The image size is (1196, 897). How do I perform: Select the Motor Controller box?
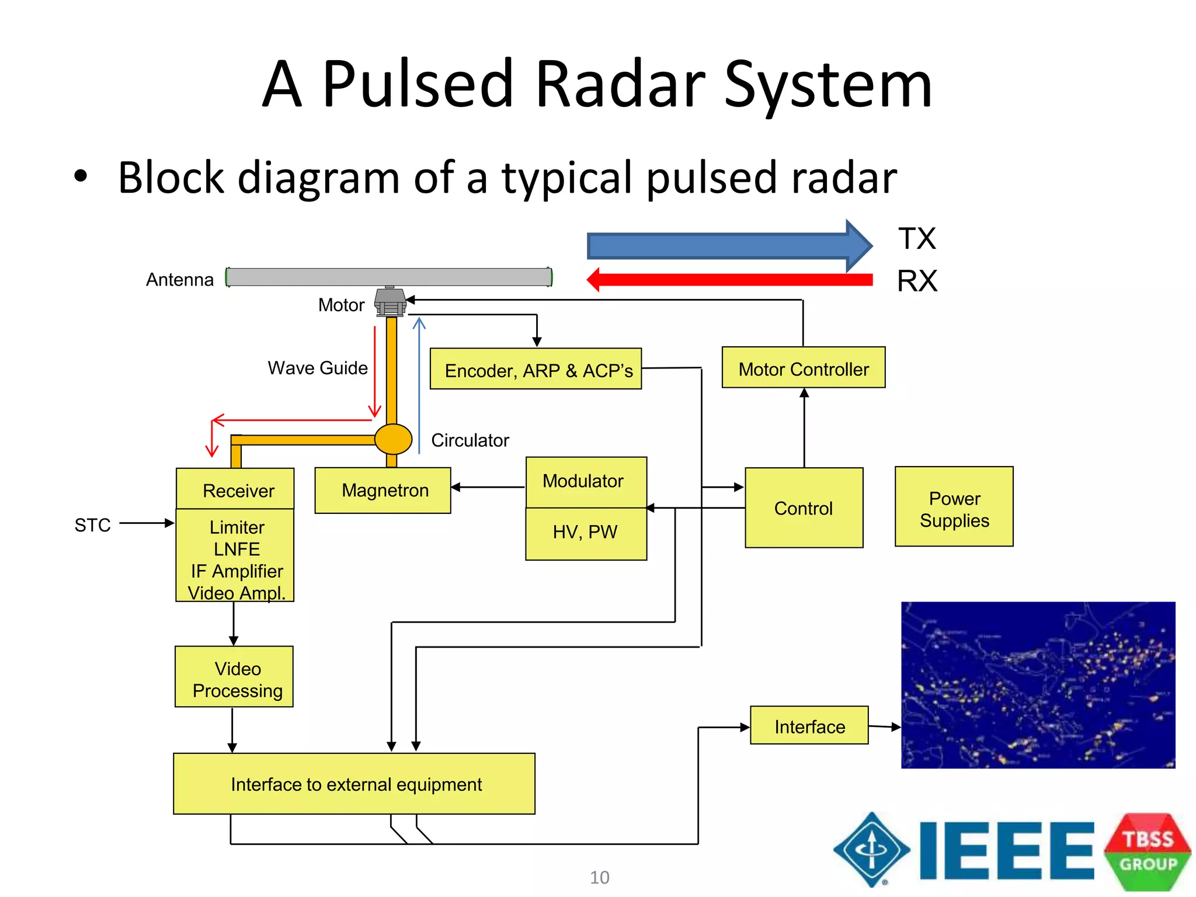pyautogui.click(x=803, y=368)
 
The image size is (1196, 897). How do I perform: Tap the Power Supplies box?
pyautogui.click(x=954, y=507)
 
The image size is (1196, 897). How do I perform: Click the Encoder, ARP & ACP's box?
pyautogui.click(x=536, y=369)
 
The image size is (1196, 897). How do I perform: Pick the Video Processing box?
pyautogui.click(x=234, y=677)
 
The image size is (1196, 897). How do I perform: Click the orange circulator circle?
pyautogui.click(x=393, y=439)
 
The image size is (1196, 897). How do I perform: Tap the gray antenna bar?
pyautogui.click(x=389, y=277)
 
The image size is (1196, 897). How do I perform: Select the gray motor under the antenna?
pyautogui.click(x=390, y=302)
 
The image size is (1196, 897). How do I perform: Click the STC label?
pyautogui.click(x=92, y=525)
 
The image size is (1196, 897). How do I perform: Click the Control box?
pyautogui.click(x=804, y=507)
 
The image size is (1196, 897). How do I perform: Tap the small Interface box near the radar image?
pyautogui.click(x=809, y=725)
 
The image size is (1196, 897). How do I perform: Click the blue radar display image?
pyautogui.click(x=1038, y=685)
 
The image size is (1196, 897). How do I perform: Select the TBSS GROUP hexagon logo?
pyautogui.click(x=1147, y=851)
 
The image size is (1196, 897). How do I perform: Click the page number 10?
pyautogui.click(x=599, y=877)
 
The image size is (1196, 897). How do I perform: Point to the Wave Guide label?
pyautogui.click(x=318, y=368)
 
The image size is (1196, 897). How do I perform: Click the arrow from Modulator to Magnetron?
pyautogui.click(x=488, y=487)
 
